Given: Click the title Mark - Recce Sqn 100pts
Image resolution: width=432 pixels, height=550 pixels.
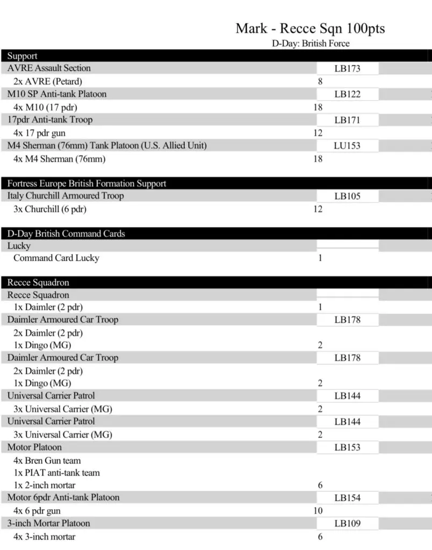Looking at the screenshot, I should [x=310, y=28].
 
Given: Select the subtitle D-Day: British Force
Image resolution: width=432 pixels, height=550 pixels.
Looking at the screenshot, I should [x=310, y=44].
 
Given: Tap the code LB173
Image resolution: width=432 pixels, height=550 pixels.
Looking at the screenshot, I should [x=347, y=69].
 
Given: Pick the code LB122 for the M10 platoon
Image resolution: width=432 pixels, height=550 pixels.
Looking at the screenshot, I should [x=347, y=95].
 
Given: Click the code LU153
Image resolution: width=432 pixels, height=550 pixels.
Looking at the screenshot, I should [x=347, y=146].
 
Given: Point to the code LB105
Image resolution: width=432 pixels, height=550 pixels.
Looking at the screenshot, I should [x=347, y=196].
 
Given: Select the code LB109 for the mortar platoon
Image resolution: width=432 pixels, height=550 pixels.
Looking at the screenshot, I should [x=347, y=524].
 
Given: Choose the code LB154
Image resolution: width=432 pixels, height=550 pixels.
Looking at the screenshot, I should [x=347, y=498].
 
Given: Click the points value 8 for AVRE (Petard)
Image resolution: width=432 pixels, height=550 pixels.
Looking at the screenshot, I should [x=320, y=82].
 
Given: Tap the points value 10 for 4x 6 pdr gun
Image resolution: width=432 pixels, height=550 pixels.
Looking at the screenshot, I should [x=318, y=511].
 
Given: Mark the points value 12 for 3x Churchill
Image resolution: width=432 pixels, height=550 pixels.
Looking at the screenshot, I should [x=318, y=209].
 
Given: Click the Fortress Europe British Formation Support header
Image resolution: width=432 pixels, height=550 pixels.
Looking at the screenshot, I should [x=87, y=184].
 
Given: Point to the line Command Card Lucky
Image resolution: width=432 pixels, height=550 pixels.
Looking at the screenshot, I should [x=56, y=258].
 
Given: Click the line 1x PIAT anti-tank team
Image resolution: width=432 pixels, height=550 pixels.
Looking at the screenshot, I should [x=57, y=473].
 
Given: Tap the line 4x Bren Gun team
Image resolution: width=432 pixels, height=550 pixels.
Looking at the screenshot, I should [x=47, y=461].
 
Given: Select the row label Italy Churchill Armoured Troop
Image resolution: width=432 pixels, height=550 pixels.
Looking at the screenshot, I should [x=66, y=196].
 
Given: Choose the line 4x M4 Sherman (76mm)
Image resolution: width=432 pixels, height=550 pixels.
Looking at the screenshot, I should [x=60, y=159].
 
